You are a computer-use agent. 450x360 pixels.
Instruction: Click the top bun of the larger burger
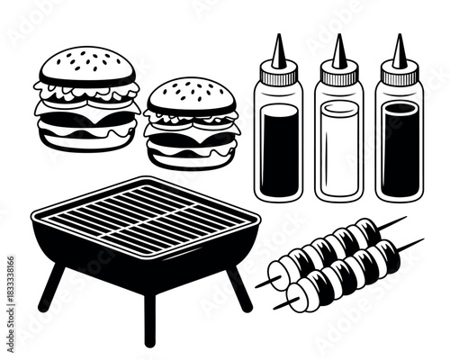(85, 65)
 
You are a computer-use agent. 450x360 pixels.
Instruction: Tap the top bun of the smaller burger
(191, 95)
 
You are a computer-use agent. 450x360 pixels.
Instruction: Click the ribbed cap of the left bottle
(278, 77)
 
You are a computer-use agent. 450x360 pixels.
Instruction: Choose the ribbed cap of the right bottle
(399, 77)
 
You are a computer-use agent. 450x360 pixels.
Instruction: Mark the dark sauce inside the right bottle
(399, 151)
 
